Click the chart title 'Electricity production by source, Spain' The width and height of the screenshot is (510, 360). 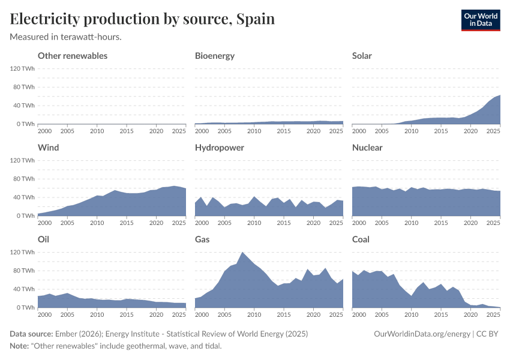142,19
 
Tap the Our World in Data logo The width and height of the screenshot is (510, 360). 480,20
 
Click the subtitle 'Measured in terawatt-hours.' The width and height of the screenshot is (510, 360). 66,37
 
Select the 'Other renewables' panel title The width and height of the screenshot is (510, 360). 73,56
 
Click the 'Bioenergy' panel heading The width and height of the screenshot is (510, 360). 215,56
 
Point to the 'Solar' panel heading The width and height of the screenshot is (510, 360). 362,56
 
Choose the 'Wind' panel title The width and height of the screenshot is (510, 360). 48,148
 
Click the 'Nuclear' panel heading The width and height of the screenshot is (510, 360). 367,148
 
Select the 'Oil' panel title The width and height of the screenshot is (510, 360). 43,239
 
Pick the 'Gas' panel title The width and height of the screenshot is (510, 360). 202,239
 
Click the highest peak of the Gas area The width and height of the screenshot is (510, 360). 242,252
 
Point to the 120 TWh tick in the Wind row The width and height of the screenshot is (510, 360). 22,160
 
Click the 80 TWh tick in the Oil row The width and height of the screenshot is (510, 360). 24,271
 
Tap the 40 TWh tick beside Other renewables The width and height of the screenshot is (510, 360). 24,106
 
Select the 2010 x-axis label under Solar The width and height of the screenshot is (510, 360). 411,131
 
